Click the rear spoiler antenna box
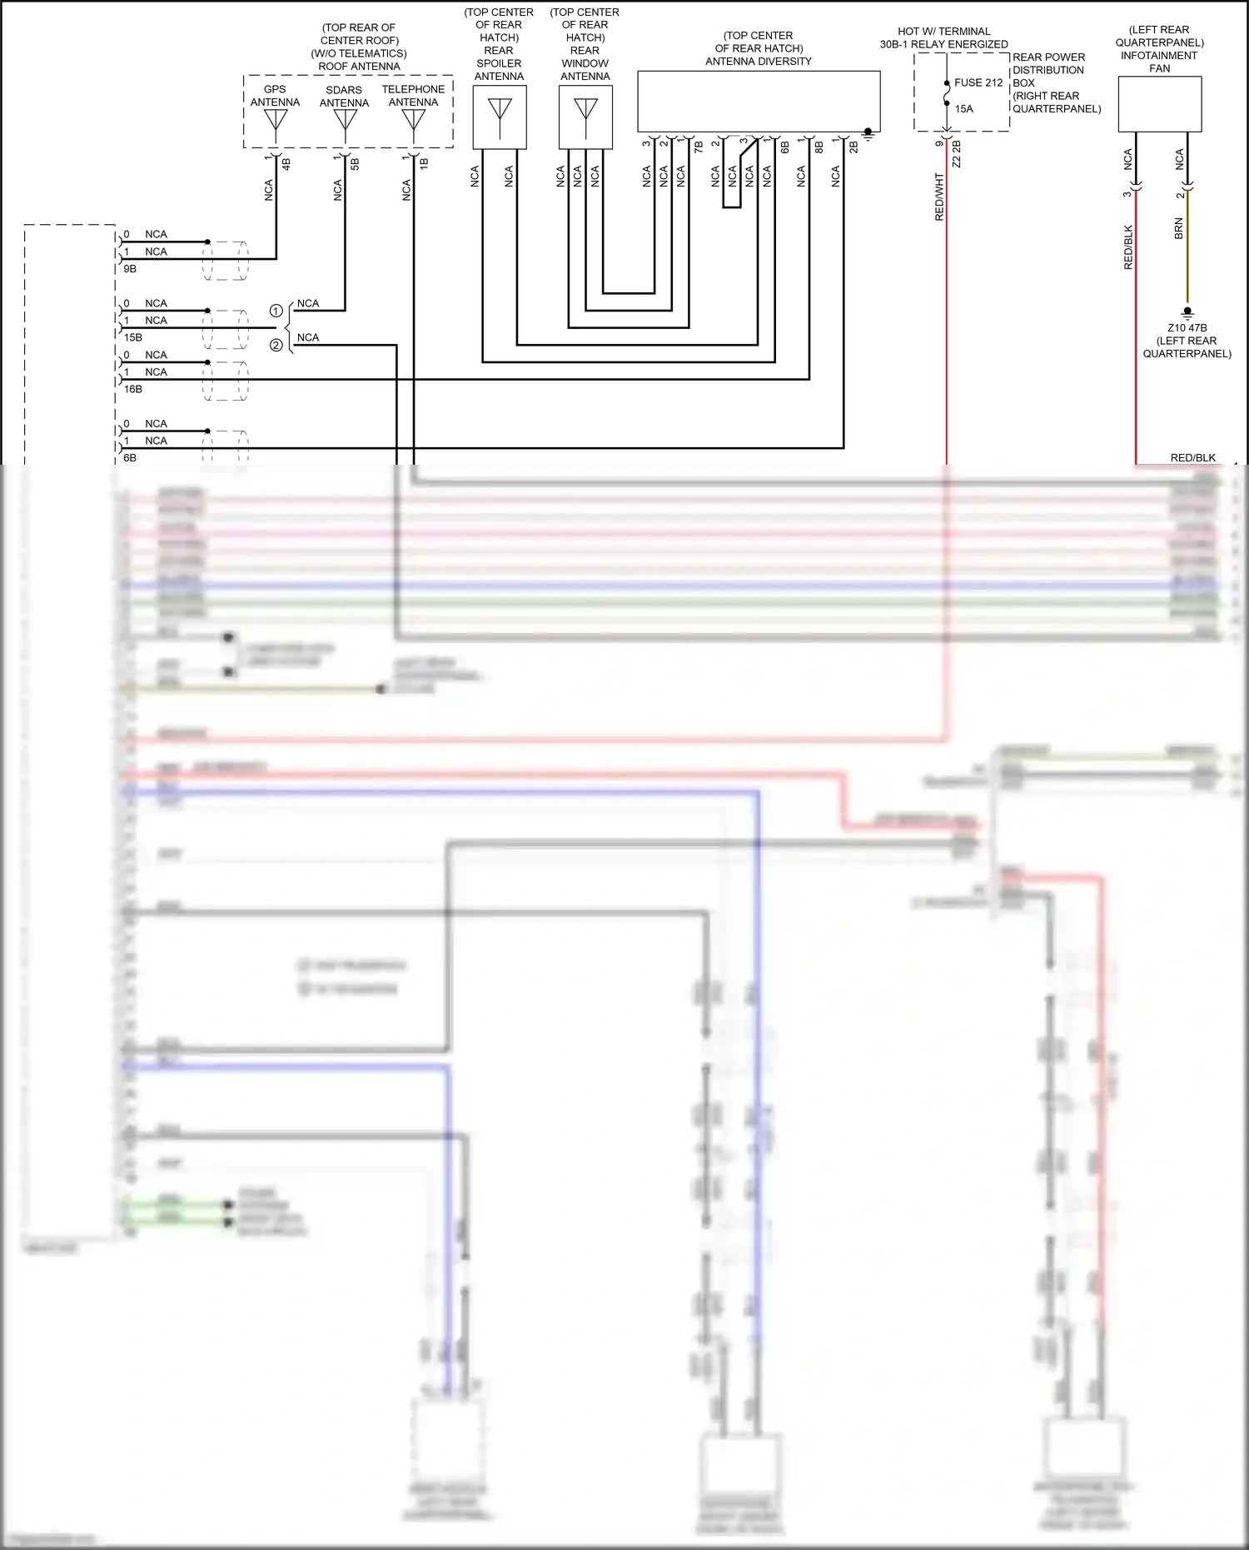pyautogui.click(x=500, y=117)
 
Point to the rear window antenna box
pyautogui.click(x=585, y=117)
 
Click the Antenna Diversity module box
pyautogui.click(x=759, y=101)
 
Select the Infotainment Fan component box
pyautogui.click(x=1159, y=104)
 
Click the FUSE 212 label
pyautogui.click(x=978, y=82)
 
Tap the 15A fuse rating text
pyautogui.click(x=963, y=109)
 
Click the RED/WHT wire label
pyautogui.click(x=939, y=197)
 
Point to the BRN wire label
pyautogui.click(x=1178, y=229)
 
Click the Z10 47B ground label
pyautogui.click(x=1187, y=328)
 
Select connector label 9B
pyautogui.click(x=130, y=269)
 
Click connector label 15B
pyautogui.click(x=133, y=337)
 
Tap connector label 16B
pyautogui.click(x=133, y=389)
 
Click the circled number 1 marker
pyautogui.click(x=276, y=311)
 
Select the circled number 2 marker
pyautogui.click(x=276, y=345)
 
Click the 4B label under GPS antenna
pyautogui.click(x=286, y=164)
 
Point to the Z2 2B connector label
pyautogui.click(x=957, y=154)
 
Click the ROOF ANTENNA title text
pyautogui.click(x=359, y=67)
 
